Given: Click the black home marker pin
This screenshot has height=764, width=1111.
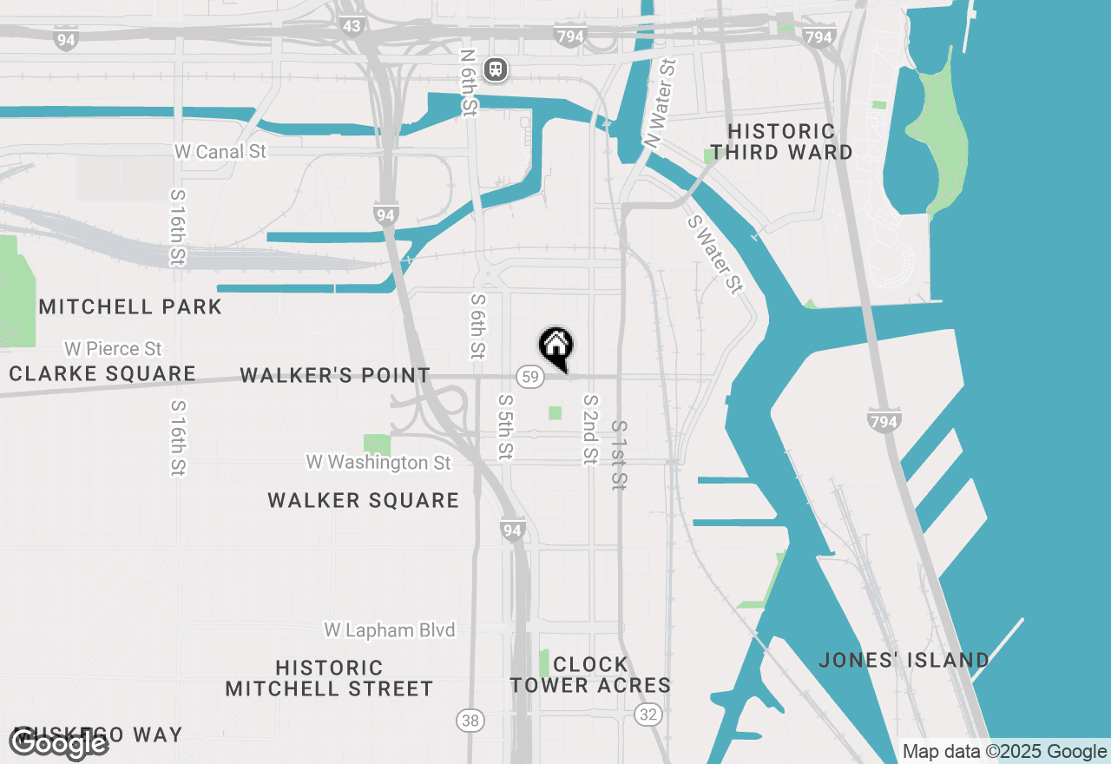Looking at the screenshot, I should (x=556, y=347).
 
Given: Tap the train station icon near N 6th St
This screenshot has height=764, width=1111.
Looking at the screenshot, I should (x=496, y=69).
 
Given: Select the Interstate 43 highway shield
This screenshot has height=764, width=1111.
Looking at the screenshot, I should (x=352, y=26).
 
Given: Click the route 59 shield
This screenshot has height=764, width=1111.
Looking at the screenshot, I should (x=529, y=377).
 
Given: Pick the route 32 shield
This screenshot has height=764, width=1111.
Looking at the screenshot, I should (x=647, y=715).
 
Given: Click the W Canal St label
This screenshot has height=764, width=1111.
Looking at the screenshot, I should (x=220, y=152).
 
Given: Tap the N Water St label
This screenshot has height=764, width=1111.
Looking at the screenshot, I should (x=660, y=102).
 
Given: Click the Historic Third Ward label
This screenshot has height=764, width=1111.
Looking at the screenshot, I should (x=781, y=142).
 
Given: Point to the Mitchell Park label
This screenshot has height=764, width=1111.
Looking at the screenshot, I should (x=130, y=306).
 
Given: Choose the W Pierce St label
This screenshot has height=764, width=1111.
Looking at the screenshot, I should (x=113, y=349).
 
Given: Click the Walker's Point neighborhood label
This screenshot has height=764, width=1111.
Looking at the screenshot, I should (x=335, y=376).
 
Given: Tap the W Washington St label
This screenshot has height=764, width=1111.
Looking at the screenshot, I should (x=378, y=463).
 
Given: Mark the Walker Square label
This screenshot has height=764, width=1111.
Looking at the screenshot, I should (x=363, y=500).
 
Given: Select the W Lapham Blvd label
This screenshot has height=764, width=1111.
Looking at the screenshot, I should (x=390, y=629).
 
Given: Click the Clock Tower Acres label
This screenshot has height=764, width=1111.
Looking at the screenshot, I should (x=590, y=675).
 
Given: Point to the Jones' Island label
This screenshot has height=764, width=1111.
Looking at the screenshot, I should (x=904, y=661).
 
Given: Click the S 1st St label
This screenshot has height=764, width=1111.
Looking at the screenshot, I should (x=618, y=456).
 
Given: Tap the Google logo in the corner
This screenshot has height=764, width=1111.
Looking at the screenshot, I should (x=59, y=743).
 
